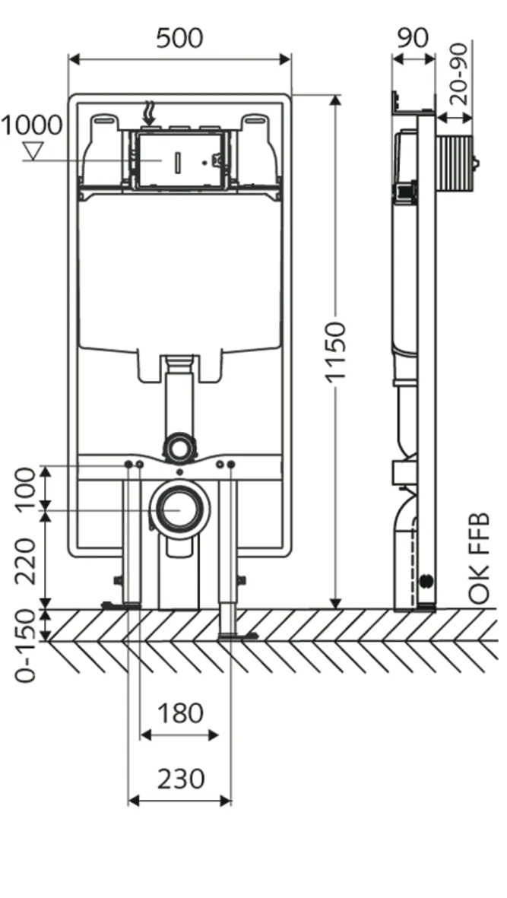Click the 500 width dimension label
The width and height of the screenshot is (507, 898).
point(180,38)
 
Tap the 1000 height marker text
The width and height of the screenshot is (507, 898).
point(31,125)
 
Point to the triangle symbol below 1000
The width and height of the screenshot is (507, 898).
point(33,151)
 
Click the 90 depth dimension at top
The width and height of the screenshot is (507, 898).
point(413,37)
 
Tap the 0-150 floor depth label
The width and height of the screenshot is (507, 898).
point(25,646)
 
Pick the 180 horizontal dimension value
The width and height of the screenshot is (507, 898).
point(180,713)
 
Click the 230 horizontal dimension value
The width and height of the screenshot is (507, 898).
point(180,779)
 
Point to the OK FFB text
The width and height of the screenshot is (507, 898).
point(479,559)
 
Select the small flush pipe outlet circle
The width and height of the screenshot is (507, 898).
point(180,447)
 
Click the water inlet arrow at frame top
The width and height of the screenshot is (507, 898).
point(150,114)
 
